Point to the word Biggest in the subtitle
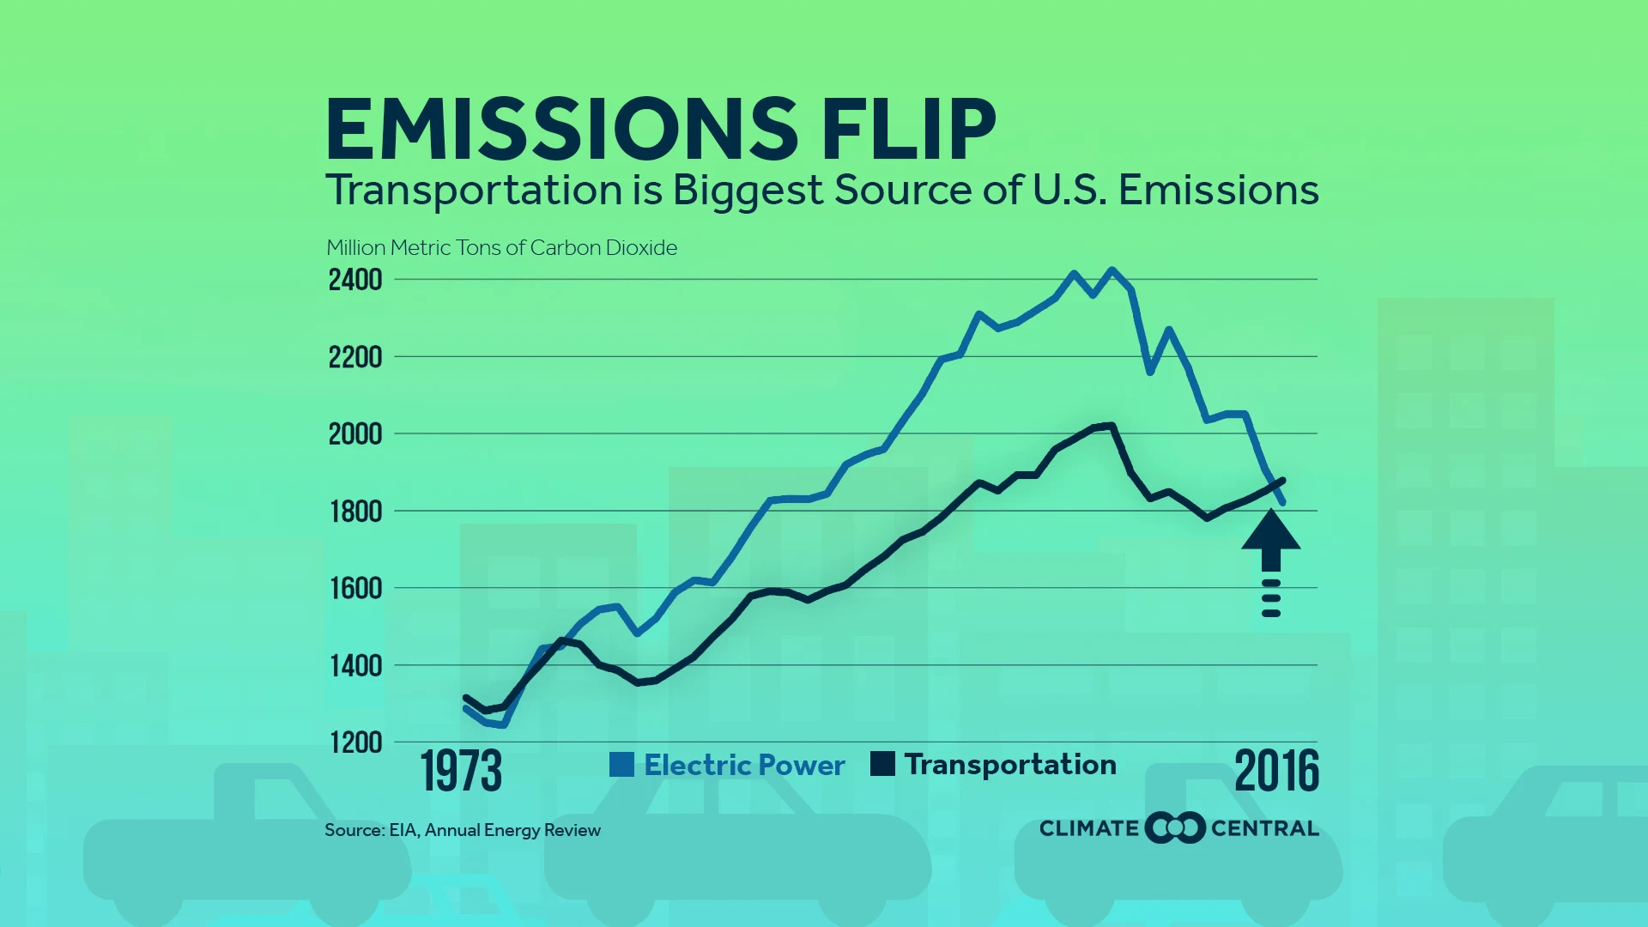pyautogui.click(x=747, y=191)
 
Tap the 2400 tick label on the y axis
pyautogui.click(x=355, y=280)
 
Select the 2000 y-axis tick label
pyautogui.click(x=355, y=434)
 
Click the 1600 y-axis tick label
pyautogui.click(x=355, y=589)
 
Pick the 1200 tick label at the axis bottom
pyautogui.click(x=355, y=742)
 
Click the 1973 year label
pyautogui.click(x=461, y=771)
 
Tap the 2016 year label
pyautogui.click(x=1276, y=771)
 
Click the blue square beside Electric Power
pyautogui.click(x=621, y=764)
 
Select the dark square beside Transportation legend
pyautogui.click(x=882, y=764)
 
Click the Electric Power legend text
pyautogui.click(x=744, y=765)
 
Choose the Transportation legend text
pyautogui.click(x=1010, y=764)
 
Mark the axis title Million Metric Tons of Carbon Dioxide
pyautogui.click(x=501, y=248)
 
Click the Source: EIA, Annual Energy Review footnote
pyautogui.click(x=463, y=830)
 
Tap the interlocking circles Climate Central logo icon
pyautogui.click(x=1175, y=827)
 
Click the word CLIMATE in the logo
pyautogui.click(x=1088, y=828)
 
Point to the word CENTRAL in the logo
pyautogui.click(x=1264, y=828)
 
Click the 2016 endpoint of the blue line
pyautogui.click(x=1282, y=501)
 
